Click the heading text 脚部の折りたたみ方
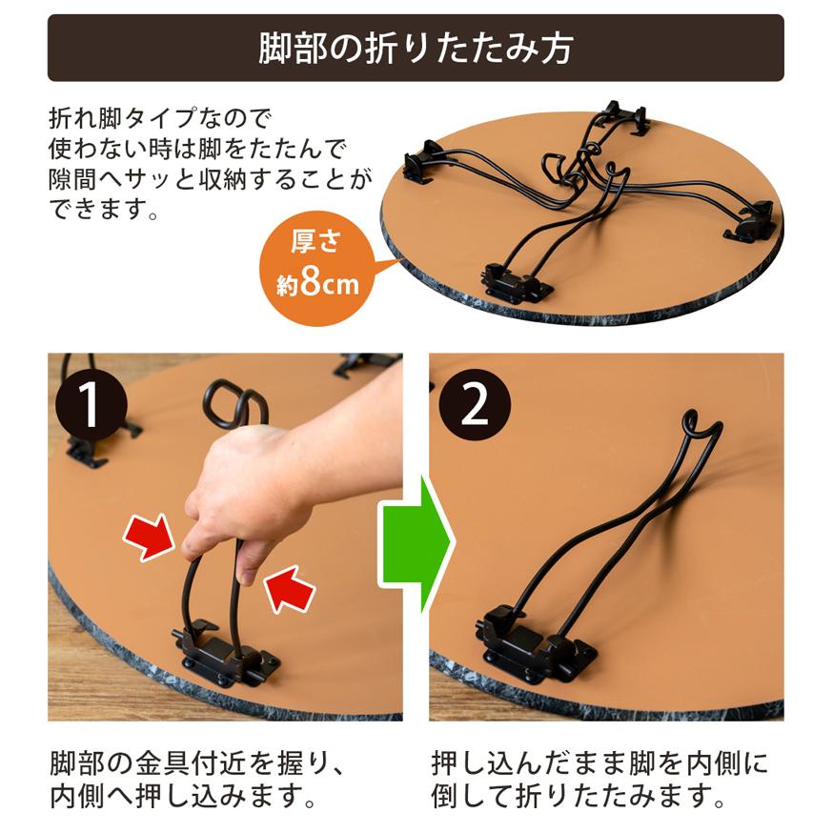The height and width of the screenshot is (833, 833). pyautogui.click(x=416, y=49)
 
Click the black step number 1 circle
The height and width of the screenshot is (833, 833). pyautogui.click(x=90, y=405)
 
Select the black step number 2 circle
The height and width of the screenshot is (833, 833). pyautogui.click(x=474, y=405)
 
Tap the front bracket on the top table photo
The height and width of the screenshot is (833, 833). pyautogui.click(x=515, y=283)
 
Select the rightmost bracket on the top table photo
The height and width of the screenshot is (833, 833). pyautogui.click(x=758, y=221)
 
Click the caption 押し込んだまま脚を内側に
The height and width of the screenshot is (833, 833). pyautogui.click(x=599, y=764)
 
